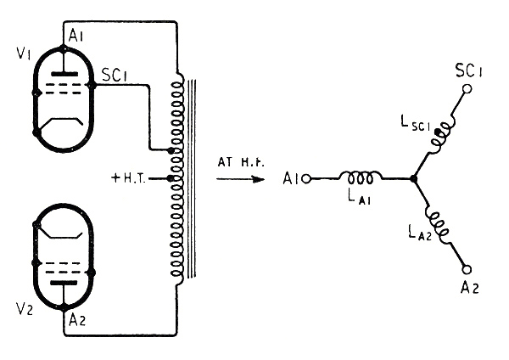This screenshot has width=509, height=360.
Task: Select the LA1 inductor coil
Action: click(x=360, y=178)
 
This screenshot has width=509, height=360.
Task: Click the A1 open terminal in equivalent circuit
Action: click(x=306, y=179)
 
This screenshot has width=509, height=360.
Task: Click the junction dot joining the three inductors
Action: click(x=413, y=179)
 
